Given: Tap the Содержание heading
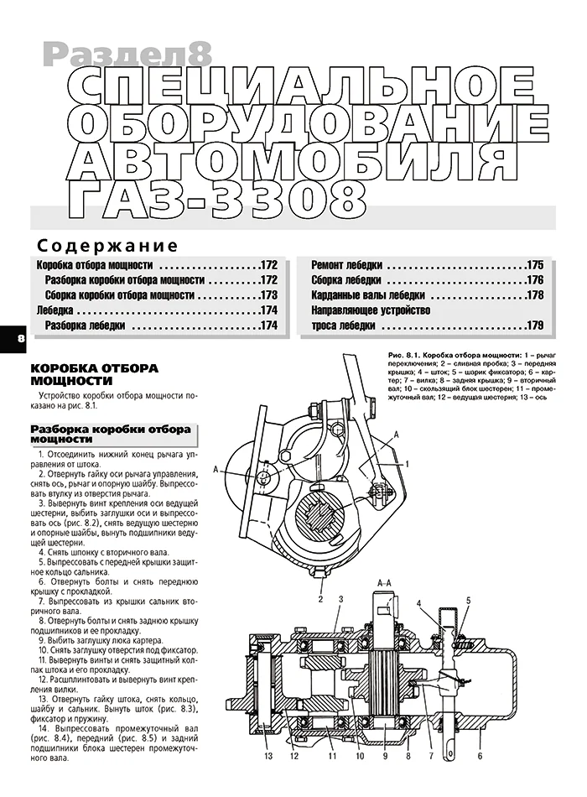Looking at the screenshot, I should pyautogui.click(x=106, y=246).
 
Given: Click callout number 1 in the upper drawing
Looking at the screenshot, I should pyautogui.click(x=407, y=463).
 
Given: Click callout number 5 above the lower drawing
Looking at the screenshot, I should pyautogui.click(x=469, y=600).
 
